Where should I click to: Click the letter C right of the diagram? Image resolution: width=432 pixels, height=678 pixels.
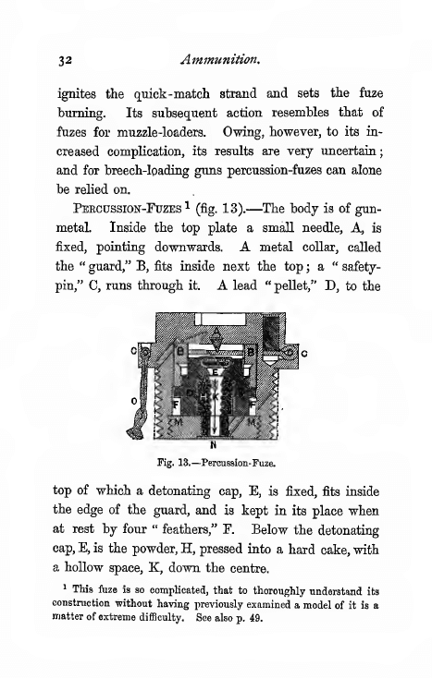click(x=302, y=352)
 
